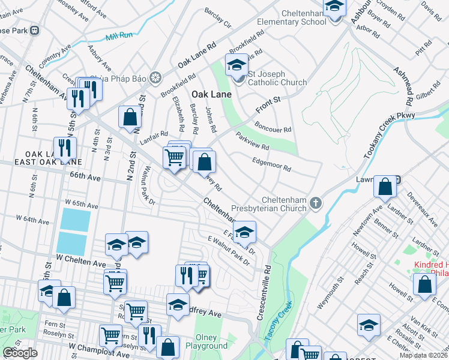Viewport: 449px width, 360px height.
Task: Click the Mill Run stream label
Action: point(118,36)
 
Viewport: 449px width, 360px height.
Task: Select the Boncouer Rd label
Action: point(273,128)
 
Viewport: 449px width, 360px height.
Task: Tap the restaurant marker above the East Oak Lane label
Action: point(64,147)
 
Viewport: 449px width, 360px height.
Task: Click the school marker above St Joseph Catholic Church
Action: point(237,64)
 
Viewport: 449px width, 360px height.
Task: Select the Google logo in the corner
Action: point(20,353)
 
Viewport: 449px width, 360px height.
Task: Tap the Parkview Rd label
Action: point(252,142)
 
